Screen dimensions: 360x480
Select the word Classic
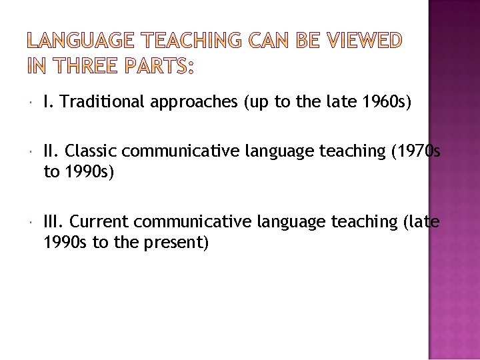point(91,151)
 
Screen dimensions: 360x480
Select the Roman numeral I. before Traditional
point(47,102)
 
